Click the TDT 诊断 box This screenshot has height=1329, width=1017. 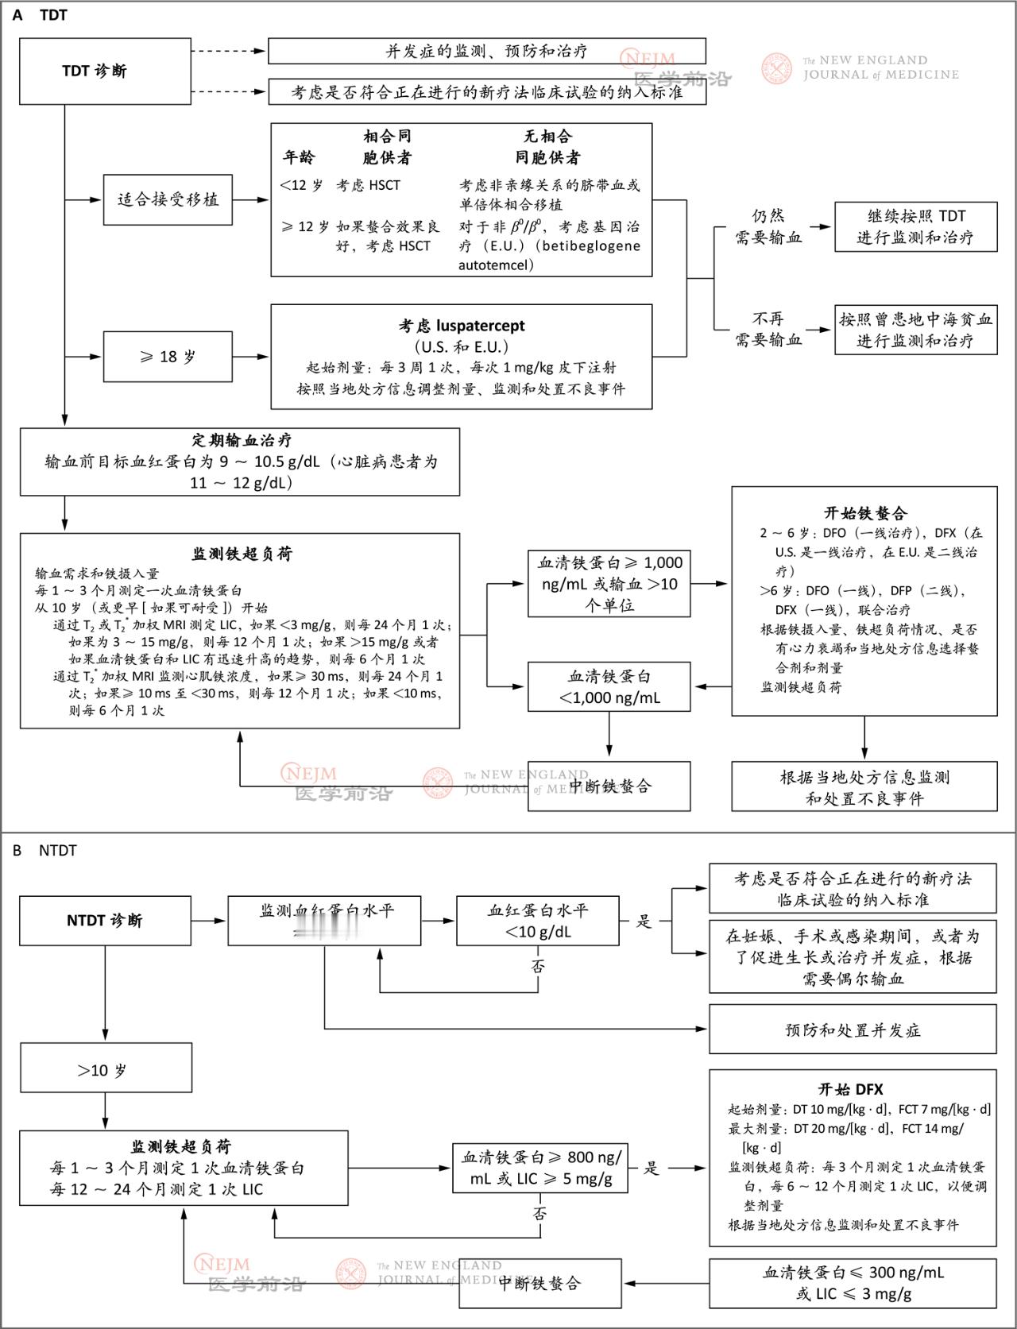(94, 71)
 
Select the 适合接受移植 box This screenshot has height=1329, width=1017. (168, 200)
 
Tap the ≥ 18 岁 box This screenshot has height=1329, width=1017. (168, 357)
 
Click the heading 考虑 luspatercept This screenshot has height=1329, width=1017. (461, 326)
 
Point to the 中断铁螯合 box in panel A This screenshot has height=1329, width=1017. (609, 786)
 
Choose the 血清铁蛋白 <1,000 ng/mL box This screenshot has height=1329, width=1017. (609, 687)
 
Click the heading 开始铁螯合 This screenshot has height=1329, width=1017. (864, 513)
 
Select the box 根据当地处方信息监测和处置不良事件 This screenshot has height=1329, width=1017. (864, 787)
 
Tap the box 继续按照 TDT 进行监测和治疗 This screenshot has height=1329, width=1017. (915, 226)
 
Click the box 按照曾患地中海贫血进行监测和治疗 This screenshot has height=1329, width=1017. (915, 330)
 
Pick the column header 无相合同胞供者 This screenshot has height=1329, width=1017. (547, 147)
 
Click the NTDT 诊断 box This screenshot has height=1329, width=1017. (105, 921)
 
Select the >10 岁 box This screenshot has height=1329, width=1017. (105, 1070)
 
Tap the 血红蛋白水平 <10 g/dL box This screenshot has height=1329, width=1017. (538, 921)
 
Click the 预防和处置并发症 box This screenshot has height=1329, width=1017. (853, 1030)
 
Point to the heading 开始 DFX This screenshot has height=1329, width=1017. (851, 1090)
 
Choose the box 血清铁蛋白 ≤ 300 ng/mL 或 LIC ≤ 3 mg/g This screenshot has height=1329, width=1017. (853, 1283)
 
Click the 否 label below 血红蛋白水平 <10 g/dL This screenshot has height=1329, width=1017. (538, 967)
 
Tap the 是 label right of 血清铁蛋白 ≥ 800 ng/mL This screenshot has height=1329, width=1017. (652, 1168)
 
